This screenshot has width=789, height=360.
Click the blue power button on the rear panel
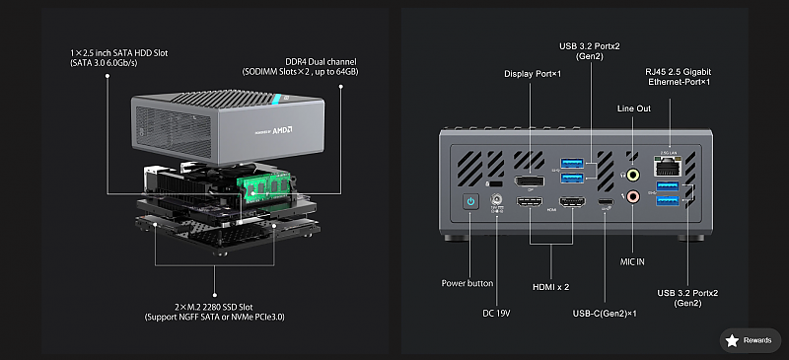470,203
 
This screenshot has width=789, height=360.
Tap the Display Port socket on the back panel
529,181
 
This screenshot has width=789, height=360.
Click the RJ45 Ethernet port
667,165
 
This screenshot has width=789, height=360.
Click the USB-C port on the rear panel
606,202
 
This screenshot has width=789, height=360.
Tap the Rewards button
751,340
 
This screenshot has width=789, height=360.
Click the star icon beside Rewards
732,341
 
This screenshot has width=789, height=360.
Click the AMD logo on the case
282,130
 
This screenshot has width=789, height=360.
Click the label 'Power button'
467,283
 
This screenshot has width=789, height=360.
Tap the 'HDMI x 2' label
551,287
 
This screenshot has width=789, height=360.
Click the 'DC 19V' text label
496,314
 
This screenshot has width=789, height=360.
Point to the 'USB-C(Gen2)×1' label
605,314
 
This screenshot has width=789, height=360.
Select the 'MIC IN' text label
632,261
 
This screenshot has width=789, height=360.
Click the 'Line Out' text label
634,108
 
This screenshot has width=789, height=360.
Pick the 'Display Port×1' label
533,74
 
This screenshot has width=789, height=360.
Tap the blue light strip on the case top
276,99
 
